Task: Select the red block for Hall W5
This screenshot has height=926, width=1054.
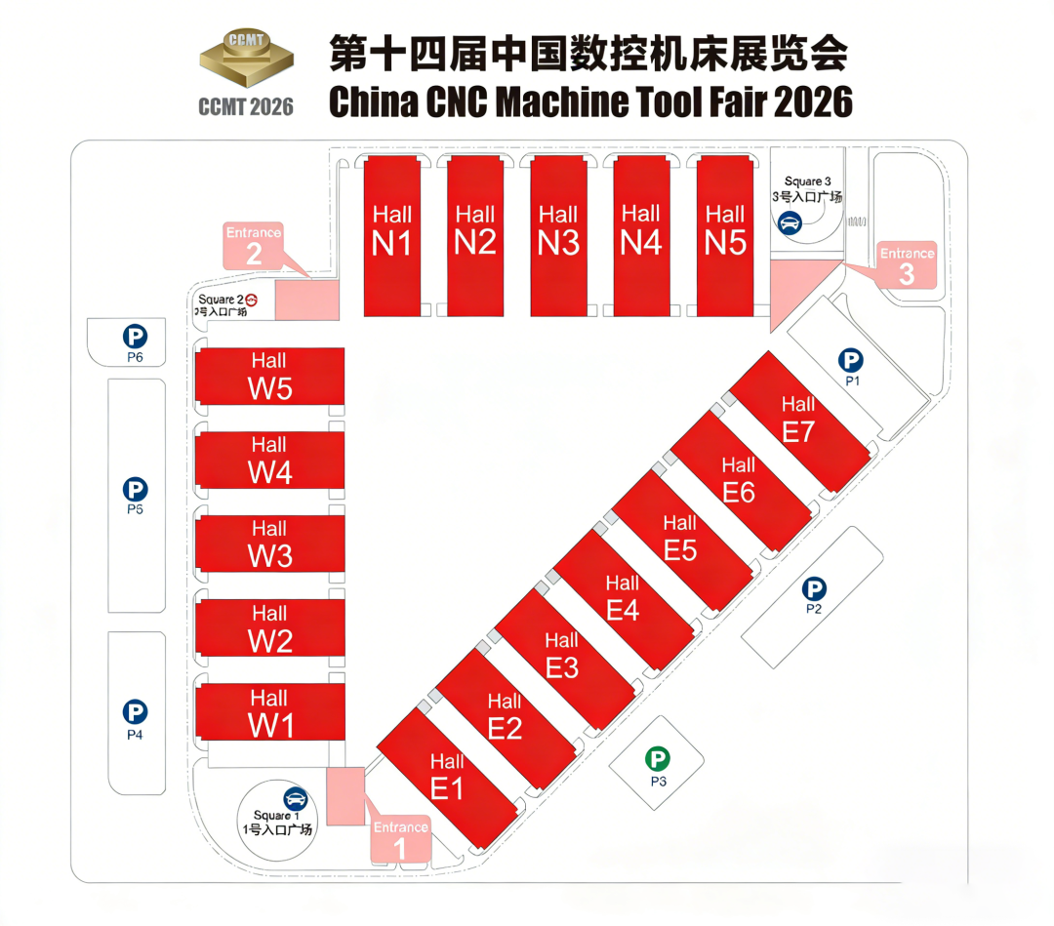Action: (x=269, y=376)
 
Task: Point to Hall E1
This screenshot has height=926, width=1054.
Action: (x=447, y=776)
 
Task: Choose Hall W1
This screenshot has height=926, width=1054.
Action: (x=269, y=713)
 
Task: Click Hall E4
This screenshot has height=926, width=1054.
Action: (x=623, y=597)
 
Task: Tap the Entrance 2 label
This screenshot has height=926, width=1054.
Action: (x=254, y=245)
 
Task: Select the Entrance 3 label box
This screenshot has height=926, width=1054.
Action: (x=907, y=265)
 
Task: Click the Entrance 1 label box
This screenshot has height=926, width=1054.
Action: (x=400, y=838)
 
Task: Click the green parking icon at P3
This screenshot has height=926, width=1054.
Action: (x=659, y=758)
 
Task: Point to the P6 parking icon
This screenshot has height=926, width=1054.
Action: (x=135, y=338)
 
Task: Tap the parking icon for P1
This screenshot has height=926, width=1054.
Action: (x=851, y=360)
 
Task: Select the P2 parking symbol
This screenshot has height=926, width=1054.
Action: (x=814, y=588)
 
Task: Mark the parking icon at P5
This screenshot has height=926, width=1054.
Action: (x=135, y=489)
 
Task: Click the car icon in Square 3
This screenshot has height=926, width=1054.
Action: (x=789, y=221)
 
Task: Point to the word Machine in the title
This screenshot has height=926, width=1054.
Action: (x=547, y=101)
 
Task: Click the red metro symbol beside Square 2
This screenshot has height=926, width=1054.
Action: (x=251, y=300)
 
